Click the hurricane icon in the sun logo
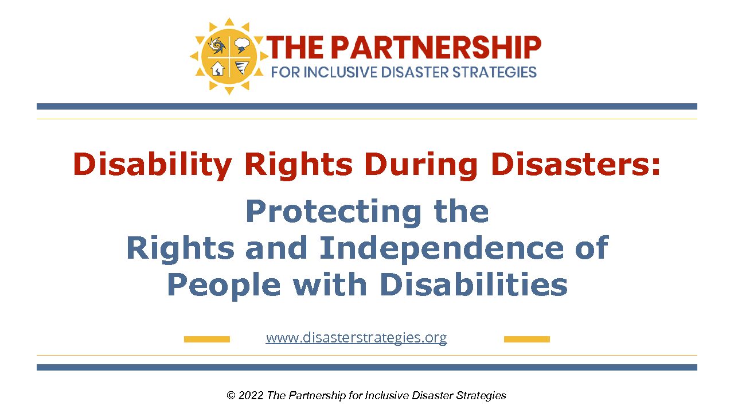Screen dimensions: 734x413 [x=217, y=45]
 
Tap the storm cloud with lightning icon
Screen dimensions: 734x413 [x=242, y=45]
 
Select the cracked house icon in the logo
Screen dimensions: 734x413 [x=217, y=69]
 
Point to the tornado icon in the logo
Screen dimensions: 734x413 [x=241, y=68]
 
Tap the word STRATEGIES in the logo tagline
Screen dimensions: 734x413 [x=494, y=72]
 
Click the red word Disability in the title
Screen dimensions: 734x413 [x=153, y=164]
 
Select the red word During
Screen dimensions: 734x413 [x=421, y=164]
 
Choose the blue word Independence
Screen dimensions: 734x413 [x=441, y=248]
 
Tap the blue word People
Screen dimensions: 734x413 [x=224, y=285]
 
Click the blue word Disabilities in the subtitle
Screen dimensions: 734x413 [x=474, y=284]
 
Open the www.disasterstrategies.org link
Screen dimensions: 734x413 [x=356, y=338]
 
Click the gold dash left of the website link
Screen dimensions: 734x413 [x=207, y=339]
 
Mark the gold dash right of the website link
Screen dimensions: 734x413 [x=527, y=339]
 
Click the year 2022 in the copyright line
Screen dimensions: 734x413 [x=251, y=396]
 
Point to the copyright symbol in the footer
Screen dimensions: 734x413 [x=231, y=396]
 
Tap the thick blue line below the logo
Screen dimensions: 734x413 [x=367, y=107]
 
